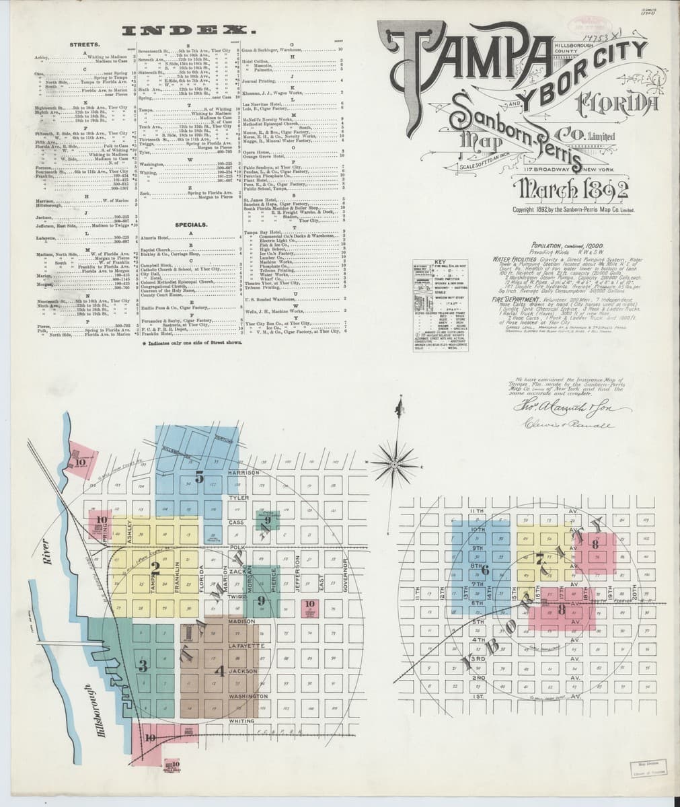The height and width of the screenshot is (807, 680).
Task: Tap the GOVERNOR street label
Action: click(343, 576)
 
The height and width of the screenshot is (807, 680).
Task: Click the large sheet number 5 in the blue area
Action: click(199, 477)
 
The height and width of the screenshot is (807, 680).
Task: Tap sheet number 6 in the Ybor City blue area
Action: click(484, 570)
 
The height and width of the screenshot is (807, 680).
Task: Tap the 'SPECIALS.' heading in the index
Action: click(190, 225)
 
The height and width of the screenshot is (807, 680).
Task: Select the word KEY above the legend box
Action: click(441, 262)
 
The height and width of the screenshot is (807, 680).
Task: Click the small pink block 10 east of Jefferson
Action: click(309, 607)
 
